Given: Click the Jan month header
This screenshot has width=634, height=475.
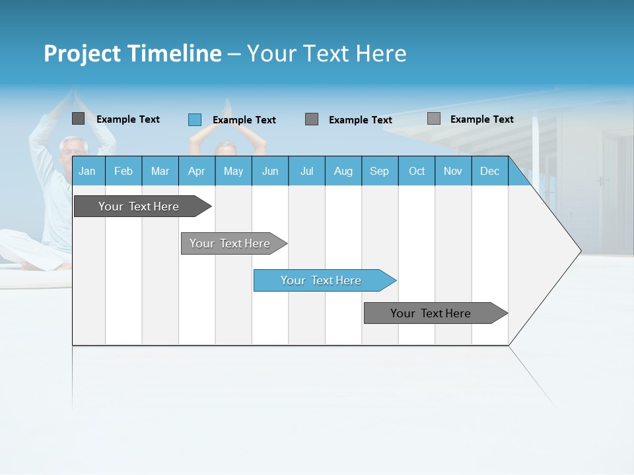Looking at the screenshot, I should click(87, 171).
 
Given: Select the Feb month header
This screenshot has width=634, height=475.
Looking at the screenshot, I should click(123, 171).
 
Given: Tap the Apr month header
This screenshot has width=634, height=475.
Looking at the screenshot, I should click(196, 171).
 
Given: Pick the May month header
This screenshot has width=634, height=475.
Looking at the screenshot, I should click(233, 171).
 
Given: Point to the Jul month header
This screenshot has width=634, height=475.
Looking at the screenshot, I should click(306, 171).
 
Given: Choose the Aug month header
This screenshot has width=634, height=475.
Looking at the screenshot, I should click(343, 171).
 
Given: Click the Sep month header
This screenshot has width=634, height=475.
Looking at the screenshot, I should click(379, 171).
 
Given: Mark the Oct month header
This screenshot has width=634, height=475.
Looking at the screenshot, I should click(417, 171).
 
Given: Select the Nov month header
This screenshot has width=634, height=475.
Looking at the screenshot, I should click(453, 171).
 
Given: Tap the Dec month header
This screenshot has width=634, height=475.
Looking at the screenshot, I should click(489, 171).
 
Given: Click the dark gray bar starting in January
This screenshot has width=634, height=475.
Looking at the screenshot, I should click(139, 206).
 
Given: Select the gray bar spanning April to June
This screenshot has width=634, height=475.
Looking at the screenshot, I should click(230, 243).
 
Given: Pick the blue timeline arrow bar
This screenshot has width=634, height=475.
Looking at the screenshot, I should click(321, 280).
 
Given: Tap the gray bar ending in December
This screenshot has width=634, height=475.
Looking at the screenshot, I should click(431, 313).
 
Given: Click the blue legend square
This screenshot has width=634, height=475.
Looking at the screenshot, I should click(195, 119).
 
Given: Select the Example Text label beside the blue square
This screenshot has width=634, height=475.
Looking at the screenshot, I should click(244, 120).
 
